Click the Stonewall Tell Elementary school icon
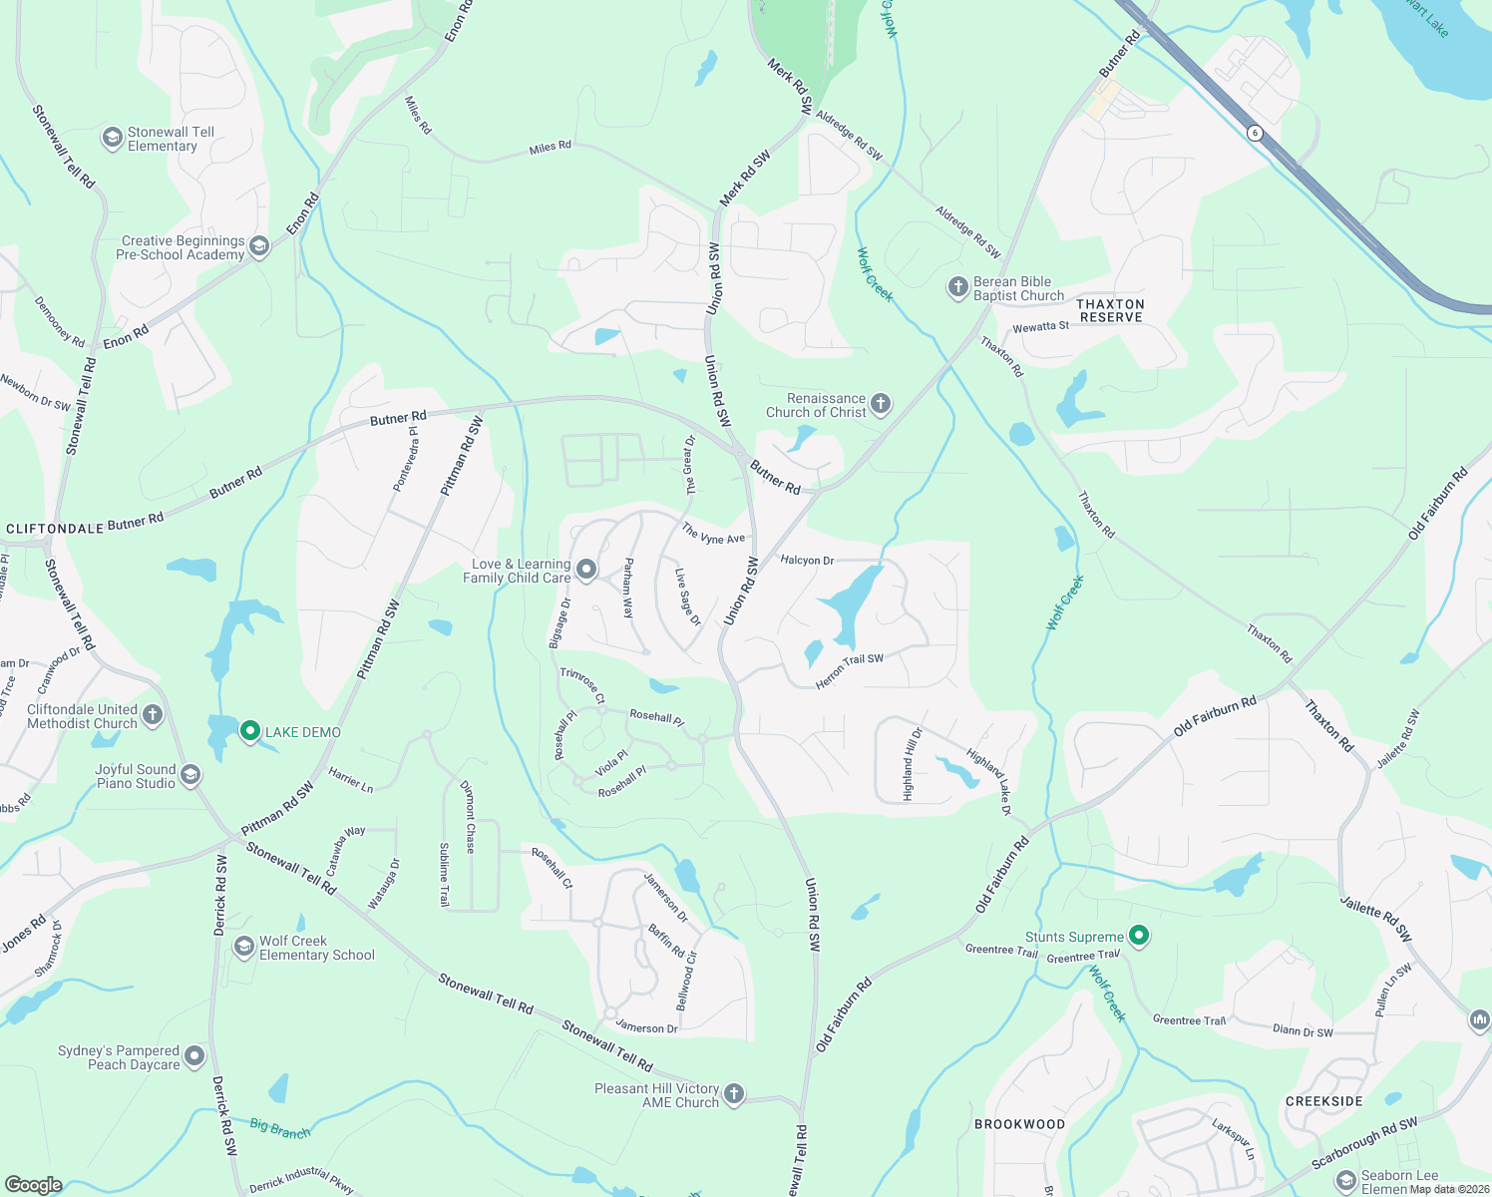(113, 137)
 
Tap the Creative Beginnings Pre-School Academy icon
(259, 246)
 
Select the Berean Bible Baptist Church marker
(957, 288)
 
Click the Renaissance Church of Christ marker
(880, 404)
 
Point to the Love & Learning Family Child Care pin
(586, 570)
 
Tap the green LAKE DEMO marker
(250, 732)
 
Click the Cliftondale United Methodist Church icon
(153, 714)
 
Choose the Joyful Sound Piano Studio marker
(190, 775)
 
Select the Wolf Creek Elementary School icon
(243, 947)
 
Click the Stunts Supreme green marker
(1139, 936)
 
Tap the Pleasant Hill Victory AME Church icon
(733, 1094)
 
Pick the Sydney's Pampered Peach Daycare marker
(194, 1055)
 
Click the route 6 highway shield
(1255, 133)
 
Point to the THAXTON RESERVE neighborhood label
(1111, 310)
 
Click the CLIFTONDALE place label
(55, 528)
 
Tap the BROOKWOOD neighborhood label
(1019, 1124)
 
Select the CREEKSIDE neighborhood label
(1323, 1101)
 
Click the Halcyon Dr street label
(807, 561)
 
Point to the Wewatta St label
(1040, 327)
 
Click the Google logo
(33, 1184)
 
